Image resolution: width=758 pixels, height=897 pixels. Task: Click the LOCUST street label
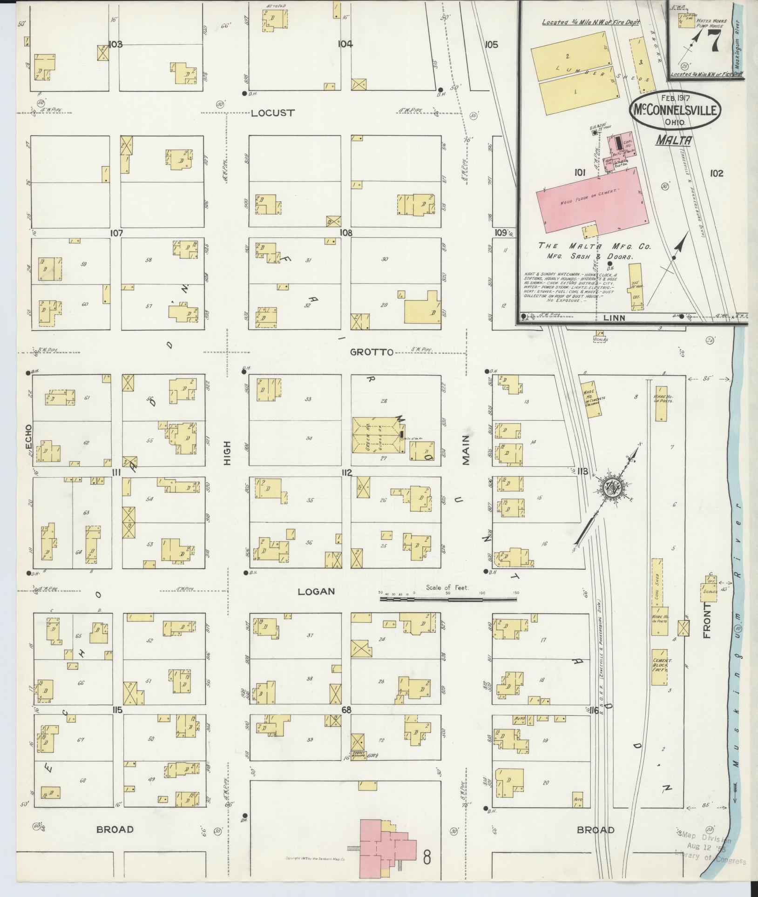(x=273, y=113)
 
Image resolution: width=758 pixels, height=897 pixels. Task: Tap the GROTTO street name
(x=372, y=352)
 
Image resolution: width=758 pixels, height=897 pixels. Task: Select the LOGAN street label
(x=317, y=592)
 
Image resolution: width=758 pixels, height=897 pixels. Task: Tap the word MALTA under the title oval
(x=674, y=140)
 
